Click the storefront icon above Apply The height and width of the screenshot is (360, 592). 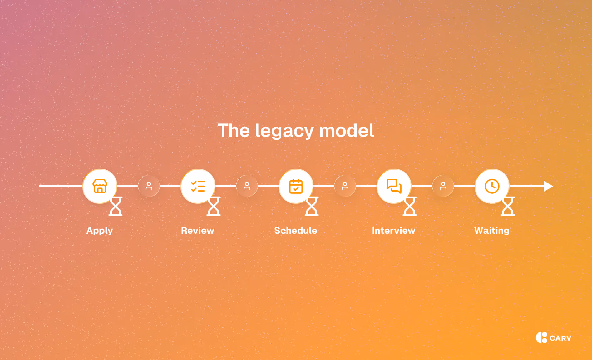100,186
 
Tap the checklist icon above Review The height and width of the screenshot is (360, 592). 198,186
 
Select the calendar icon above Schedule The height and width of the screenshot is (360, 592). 296,186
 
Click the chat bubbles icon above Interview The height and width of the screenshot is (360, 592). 394,186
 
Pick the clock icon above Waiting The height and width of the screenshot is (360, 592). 492,186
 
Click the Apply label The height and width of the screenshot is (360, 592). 100,231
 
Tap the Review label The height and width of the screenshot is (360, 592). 198,231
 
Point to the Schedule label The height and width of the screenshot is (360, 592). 296,231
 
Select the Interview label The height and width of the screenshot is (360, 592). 394,231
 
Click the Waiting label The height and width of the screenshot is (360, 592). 492,231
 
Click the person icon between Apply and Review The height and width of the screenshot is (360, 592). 149,186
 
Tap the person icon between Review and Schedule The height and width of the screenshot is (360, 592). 247,186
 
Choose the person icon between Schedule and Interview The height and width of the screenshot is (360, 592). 345,186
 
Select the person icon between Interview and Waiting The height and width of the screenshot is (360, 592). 443,186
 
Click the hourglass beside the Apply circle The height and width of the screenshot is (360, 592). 116,206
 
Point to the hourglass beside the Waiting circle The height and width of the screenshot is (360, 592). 508,206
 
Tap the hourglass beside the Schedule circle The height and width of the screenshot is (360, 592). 312,206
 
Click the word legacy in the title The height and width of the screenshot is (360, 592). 284,131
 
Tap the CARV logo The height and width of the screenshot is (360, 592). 554,338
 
